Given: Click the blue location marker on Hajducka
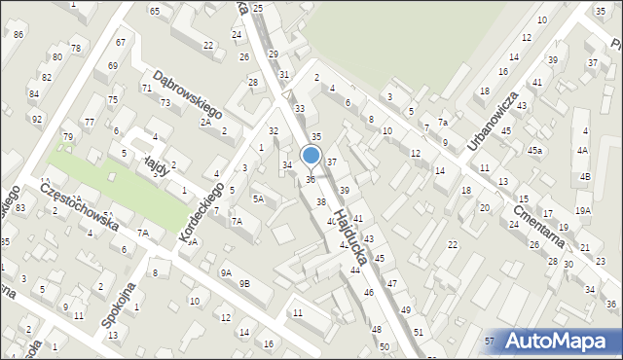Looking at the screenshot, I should tap(311, 156).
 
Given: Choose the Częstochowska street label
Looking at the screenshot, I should tap(81, 208).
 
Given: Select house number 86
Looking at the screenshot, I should tap(19, 35).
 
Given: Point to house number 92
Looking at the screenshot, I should tap(37, 120).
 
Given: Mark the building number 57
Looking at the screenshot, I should tap(490, 341).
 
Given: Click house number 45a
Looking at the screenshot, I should tap(535, 150).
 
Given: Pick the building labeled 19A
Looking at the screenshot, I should tap(582, 210).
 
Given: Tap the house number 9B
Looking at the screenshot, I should tap(245, 283).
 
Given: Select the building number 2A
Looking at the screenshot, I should tap(205, 122).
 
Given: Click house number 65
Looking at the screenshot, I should tap(155, 10).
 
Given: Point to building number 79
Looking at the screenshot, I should tap(68, 136).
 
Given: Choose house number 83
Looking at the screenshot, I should tap(19, 208).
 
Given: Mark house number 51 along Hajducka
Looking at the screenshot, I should tap(419, 332).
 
